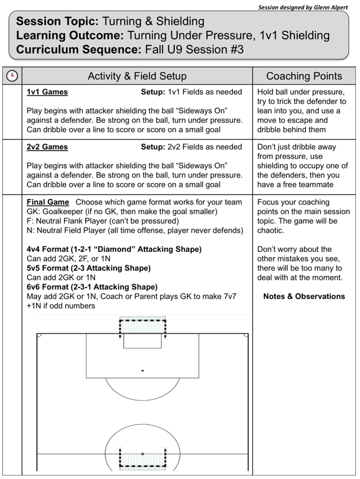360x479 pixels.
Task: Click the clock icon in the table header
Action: (11, 76)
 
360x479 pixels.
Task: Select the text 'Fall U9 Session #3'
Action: (198, 49)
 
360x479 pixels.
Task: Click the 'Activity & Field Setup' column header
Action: (137, 76)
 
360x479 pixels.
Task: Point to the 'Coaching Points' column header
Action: (303, 76)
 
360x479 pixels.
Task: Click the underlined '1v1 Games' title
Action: (47, 92)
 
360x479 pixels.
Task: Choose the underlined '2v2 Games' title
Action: (47, 147)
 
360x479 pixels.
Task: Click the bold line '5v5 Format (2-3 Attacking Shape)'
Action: (89, 268)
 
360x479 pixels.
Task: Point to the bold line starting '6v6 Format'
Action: (92, 287)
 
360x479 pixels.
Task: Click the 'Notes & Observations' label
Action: (303, 296)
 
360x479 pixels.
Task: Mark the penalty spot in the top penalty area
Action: (143, 370)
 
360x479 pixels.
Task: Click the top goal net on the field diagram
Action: (143, 324)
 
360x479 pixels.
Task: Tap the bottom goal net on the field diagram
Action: (143, 458)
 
